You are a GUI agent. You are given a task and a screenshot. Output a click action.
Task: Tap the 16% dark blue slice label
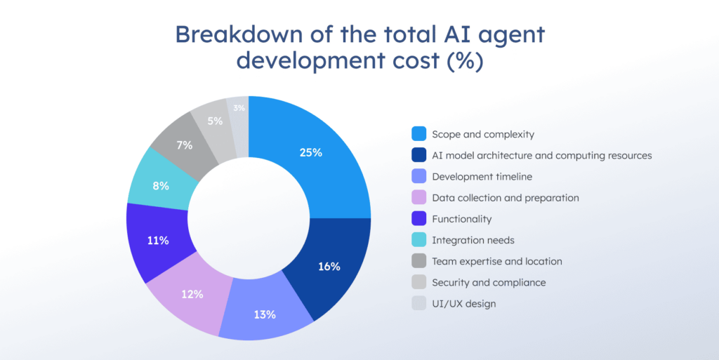click(329, 267)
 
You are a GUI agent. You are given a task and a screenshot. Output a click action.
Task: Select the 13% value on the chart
click(265, 314)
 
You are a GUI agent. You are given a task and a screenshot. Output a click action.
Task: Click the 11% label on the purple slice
click(158, 241)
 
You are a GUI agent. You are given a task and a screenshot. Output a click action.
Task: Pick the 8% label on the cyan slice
click(160, 187)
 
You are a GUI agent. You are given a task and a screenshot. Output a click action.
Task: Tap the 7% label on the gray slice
click(185, 145)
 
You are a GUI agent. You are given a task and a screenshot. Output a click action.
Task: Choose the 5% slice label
click(215, 121)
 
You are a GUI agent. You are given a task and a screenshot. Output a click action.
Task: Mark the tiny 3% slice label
click(239, 108)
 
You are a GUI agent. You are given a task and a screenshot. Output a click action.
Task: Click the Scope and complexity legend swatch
click(418, 134)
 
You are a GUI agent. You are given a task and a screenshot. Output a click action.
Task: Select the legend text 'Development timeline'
click(482, 177)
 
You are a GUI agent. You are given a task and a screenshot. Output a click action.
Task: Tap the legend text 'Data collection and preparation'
click(506, 198)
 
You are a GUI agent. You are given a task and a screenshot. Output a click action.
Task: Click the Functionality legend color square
click(418, 219)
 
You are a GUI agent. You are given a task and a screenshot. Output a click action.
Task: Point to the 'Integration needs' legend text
click(473, 240)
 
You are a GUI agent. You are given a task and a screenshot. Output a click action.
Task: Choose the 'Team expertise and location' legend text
click(497, 261)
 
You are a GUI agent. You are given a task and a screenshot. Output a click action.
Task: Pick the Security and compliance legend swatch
click(418, 282)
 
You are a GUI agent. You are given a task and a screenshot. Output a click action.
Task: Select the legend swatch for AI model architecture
click(418, 155)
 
